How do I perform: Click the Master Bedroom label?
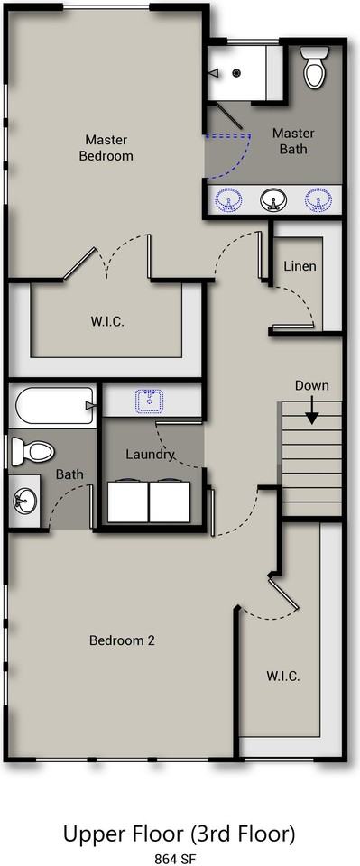[x=106, y=148]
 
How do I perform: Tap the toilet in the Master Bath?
[x=314, y=68]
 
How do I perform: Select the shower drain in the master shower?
[x=237, y=72]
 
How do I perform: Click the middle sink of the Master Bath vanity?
[x=272, y=200]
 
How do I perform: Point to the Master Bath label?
[x=293, y=141]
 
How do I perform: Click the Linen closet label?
[x=300, y=266]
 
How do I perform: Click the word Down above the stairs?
[x=312, y=385]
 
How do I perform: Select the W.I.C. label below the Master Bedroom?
[x=107, y=321]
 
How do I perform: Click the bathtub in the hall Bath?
[x=54, y=405]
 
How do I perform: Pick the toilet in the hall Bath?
[x=32, y=450]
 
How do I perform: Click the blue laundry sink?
[x=149, y=401]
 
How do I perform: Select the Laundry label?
[x=150, y=455]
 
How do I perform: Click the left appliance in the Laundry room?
[x=127, y=502]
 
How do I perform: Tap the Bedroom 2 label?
[x=122, y=640]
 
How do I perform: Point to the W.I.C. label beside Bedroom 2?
[x=282, y=677]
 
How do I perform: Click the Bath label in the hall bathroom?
[x=70, y=474]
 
